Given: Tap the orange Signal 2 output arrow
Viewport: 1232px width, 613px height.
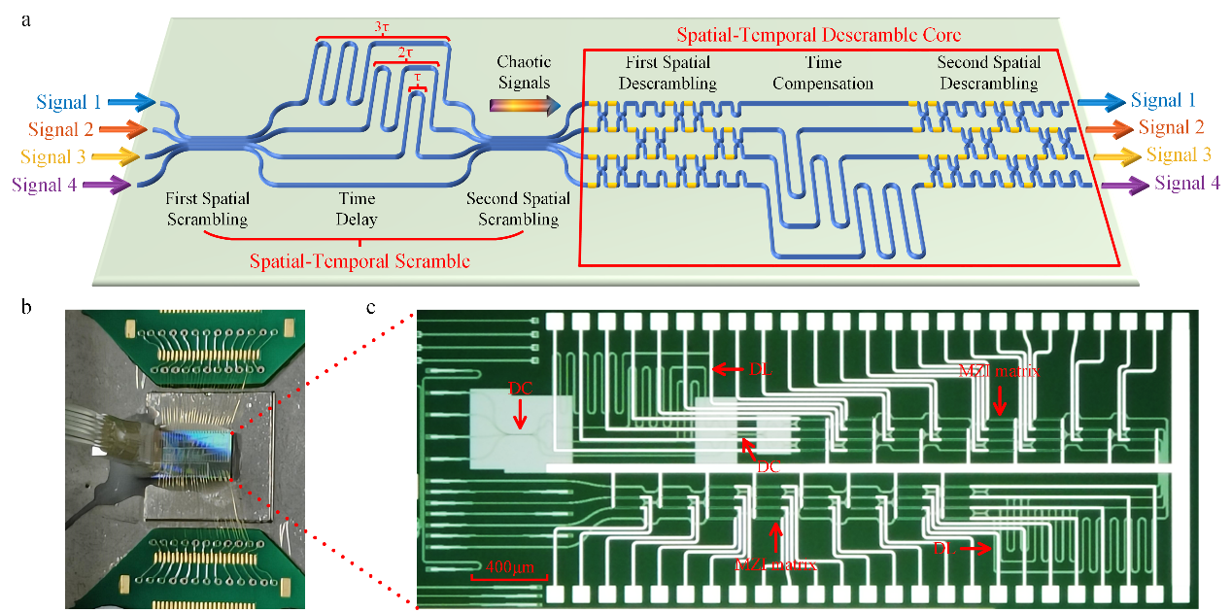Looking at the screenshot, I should [x=1109, y=127].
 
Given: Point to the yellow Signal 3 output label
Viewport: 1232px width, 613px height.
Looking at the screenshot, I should [x=1179, y=154].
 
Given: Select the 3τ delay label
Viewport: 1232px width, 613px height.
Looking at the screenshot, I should [x=384, y=28].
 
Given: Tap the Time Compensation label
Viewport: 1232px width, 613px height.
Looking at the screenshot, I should [x=824, y=74].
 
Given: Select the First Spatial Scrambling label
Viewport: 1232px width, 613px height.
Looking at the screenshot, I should [x=206, y=209].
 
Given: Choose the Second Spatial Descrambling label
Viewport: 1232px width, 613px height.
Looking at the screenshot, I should [x=989, y=74].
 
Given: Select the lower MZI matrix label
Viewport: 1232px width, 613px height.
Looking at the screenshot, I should [x=774, y=563].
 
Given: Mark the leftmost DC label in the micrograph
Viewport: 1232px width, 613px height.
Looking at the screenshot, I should [x=520, y=388].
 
